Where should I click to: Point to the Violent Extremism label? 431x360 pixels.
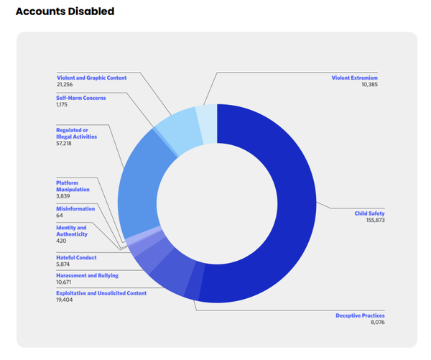click(354, 78)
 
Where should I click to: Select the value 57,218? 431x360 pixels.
click(66, 144)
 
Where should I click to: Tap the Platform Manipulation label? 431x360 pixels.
click(73, 186)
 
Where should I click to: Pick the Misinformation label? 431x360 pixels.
click(75, 208)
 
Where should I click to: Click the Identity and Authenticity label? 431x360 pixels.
click(72, 231)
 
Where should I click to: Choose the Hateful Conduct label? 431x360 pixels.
click(76, 257)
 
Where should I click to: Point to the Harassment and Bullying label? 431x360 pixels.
click(87, 275)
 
